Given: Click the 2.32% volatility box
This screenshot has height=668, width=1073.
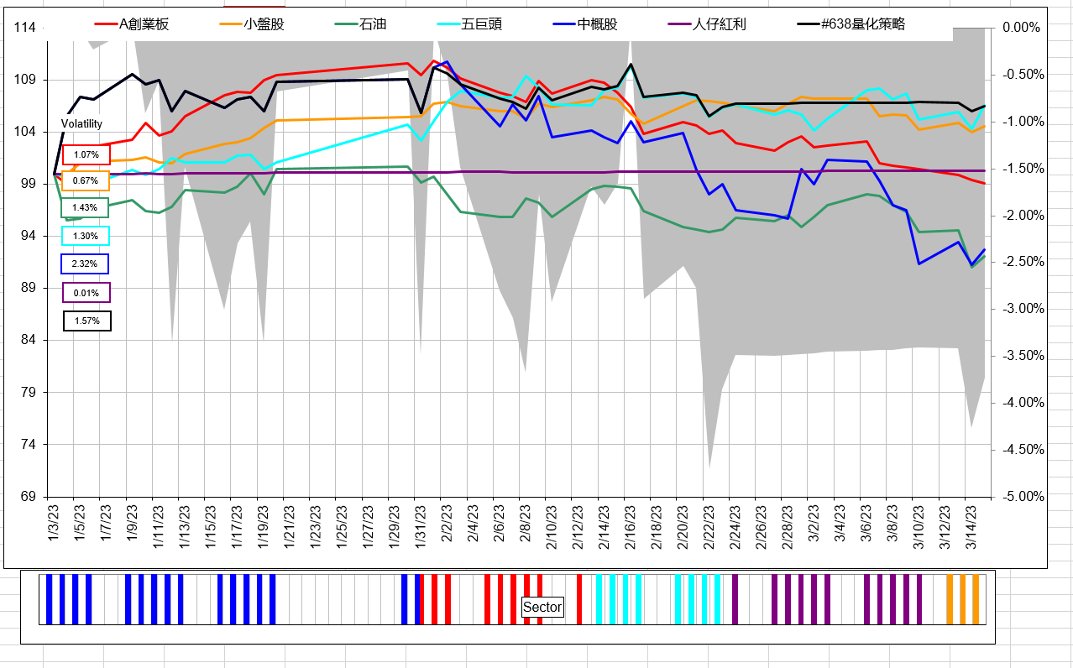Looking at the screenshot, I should coord(86,264).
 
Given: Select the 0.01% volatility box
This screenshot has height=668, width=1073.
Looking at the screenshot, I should coord(86,293).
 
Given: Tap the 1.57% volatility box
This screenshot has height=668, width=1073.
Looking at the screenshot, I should coord(86,321).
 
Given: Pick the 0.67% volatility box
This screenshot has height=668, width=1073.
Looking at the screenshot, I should coord(86,180).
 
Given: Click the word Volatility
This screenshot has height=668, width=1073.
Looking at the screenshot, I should coord(81,123).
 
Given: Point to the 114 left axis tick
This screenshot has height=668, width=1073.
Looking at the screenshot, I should coord(25,28).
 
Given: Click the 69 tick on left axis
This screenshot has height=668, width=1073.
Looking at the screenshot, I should coord(28,496).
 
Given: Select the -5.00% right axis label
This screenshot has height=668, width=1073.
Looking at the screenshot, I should coord(1023,497).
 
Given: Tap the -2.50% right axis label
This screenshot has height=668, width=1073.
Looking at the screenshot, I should coord(1023,263).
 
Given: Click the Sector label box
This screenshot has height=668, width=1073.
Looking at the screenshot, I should coord(542,607).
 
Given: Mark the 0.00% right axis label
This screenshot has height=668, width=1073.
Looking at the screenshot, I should coord(1022,28).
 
